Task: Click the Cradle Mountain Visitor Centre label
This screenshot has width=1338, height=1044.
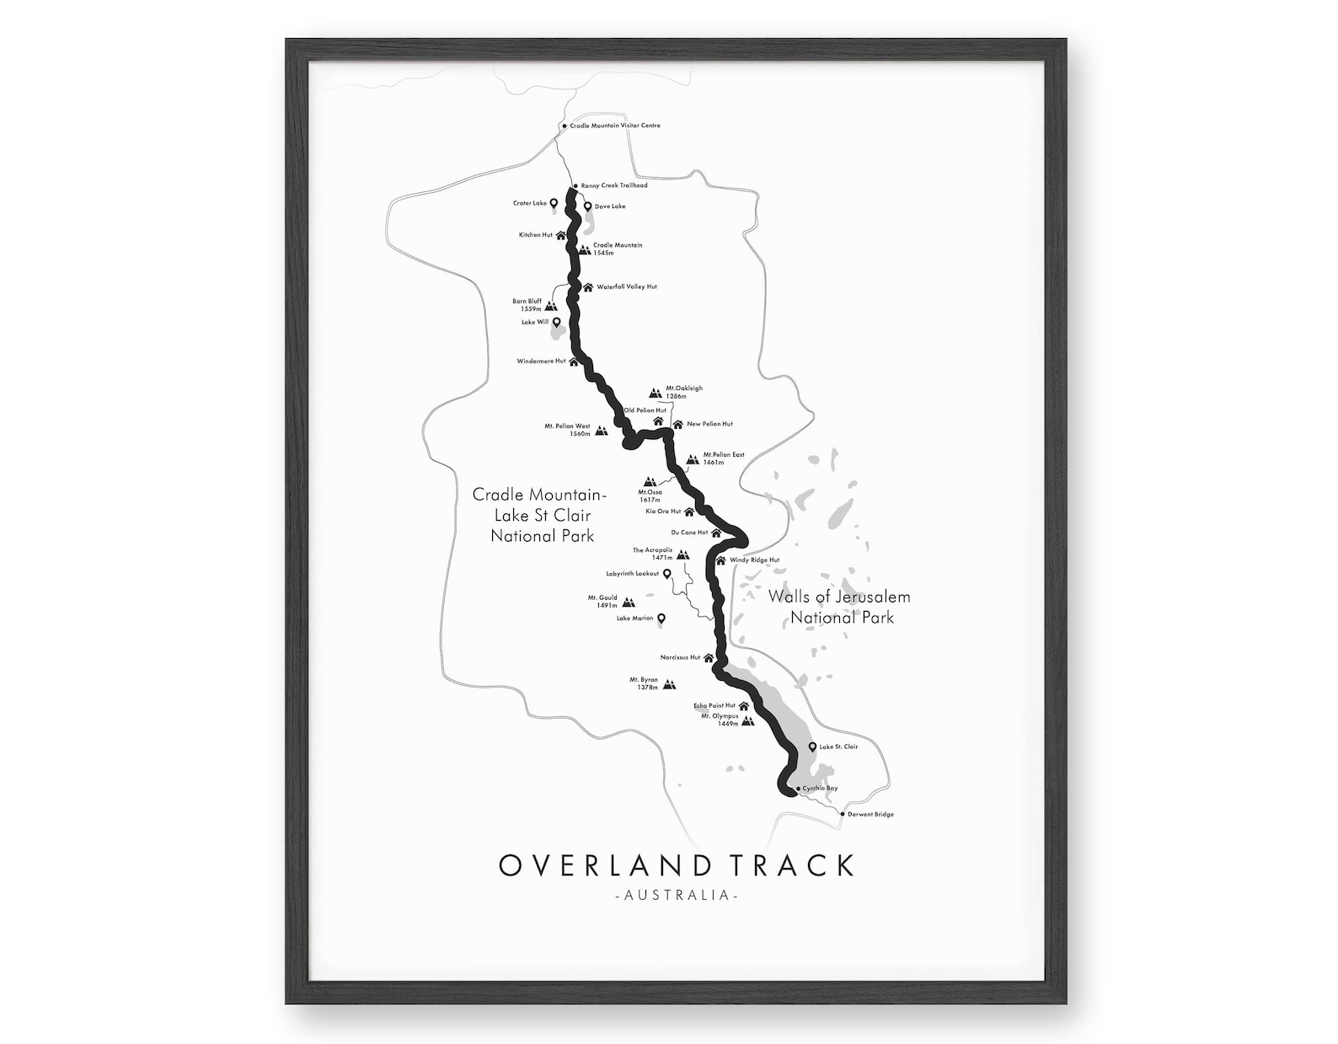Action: (615, 126)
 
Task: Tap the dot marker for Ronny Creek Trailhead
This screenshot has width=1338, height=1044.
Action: (575, 185)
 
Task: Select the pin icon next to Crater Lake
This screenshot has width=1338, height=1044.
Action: (554, 203)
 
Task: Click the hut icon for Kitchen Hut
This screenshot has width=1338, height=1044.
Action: (560, 235)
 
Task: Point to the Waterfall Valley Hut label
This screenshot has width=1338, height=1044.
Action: (626, 286)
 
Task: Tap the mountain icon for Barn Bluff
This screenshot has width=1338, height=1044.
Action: (552, 306)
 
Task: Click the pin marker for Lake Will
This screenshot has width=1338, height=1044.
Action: (556, 322)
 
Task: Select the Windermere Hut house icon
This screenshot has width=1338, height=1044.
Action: (574, 361)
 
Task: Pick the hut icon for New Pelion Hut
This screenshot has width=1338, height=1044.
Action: (677, 424)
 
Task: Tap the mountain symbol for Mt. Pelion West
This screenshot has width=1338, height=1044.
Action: (601, 431)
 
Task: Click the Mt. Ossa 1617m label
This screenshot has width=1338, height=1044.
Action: (650, 495)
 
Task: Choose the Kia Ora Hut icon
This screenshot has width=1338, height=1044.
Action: (689, 511)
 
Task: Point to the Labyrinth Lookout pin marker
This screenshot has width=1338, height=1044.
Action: (666, 574)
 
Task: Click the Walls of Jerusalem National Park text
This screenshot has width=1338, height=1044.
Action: (839, 607)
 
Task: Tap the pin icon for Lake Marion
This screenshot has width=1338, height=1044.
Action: (661, 618)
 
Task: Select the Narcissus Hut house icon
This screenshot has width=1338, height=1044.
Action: (709, 657)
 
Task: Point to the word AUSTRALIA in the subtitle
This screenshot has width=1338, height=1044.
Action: (677, 895)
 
